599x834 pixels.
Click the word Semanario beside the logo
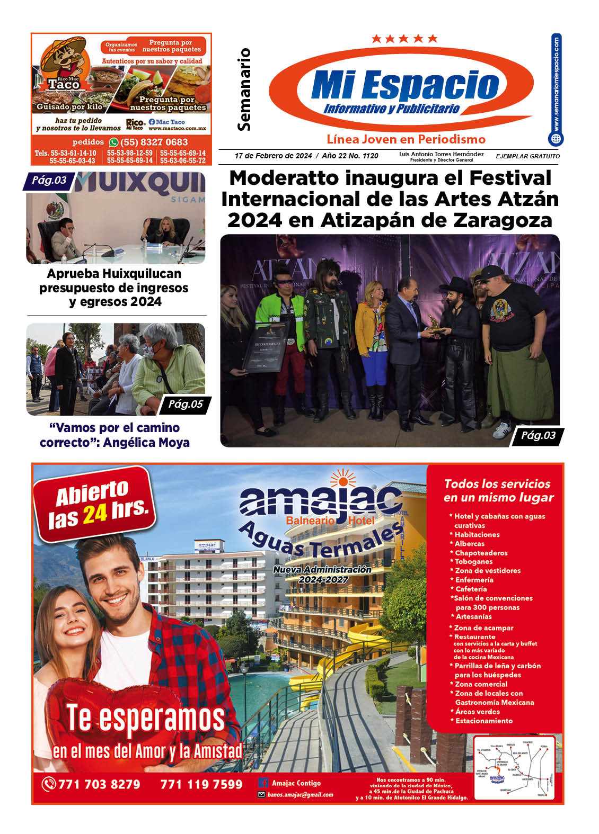(244, 89)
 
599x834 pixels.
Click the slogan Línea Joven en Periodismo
(406, 139)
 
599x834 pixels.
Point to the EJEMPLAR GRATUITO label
(527, 156)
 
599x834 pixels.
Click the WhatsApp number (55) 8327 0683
(154, 142)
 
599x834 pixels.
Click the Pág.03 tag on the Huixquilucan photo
(49, 181)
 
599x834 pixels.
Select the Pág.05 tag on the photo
(186, 405)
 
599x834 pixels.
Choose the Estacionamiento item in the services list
(484, 721)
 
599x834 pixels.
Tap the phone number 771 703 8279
(99, 784)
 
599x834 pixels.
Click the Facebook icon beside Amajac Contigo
(263, 783)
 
